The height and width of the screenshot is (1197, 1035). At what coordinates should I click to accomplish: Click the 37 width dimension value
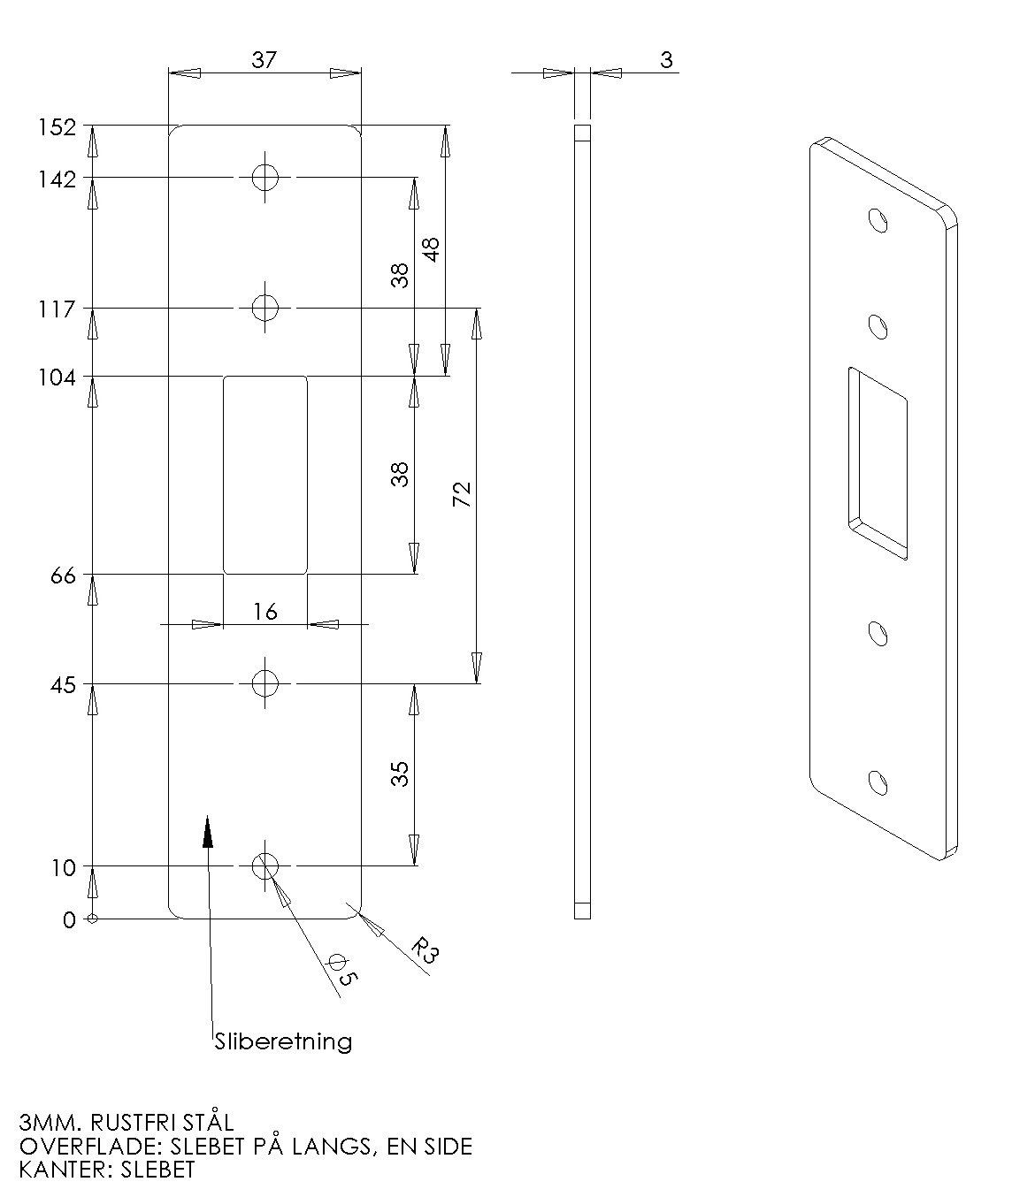(264, 59)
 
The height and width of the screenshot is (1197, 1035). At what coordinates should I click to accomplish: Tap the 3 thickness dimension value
(666, 59)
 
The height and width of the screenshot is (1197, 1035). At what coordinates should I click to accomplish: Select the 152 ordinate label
(57, 127)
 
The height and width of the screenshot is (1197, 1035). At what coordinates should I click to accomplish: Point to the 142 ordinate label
(57, 179)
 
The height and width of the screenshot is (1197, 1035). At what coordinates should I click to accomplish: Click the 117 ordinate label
(57, 309)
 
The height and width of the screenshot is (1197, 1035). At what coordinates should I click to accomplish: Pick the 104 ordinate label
(57, 377)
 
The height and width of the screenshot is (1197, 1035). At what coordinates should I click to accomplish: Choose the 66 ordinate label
(63, 576)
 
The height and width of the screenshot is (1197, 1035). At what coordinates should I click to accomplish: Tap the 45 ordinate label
(63, 686)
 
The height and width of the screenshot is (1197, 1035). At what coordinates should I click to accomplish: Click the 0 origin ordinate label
(69, 920)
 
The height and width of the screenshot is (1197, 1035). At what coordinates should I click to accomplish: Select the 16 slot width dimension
(265, 612)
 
